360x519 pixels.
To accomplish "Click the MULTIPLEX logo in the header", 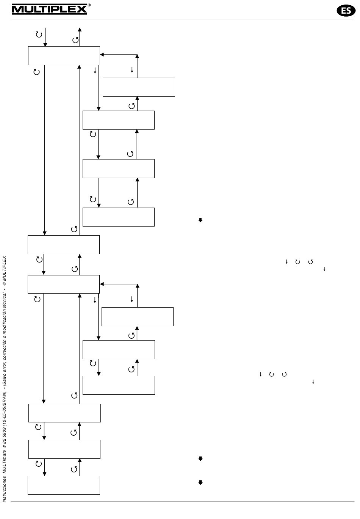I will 49,9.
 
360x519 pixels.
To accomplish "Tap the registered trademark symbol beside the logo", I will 89,5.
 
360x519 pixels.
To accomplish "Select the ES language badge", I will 346,11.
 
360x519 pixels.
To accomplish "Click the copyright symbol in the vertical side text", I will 5,279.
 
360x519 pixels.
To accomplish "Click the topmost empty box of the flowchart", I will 64,56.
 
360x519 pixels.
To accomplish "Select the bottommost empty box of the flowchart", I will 64,485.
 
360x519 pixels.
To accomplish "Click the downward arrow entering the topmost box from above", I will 45,37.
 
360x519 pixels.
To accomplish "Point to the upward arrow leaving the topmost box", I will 80,37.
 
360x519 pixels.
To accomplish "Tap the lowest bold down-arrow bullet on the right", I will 200,483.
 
